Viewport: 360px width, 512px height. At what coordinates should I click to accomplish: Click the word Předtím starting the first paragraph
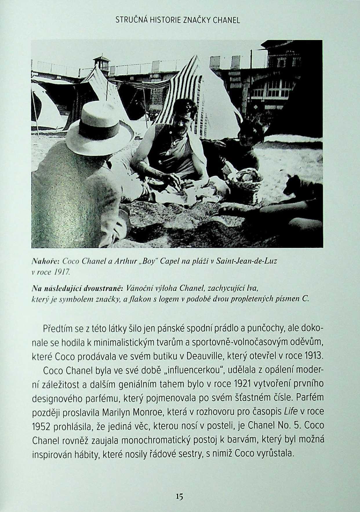(59, 329)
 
